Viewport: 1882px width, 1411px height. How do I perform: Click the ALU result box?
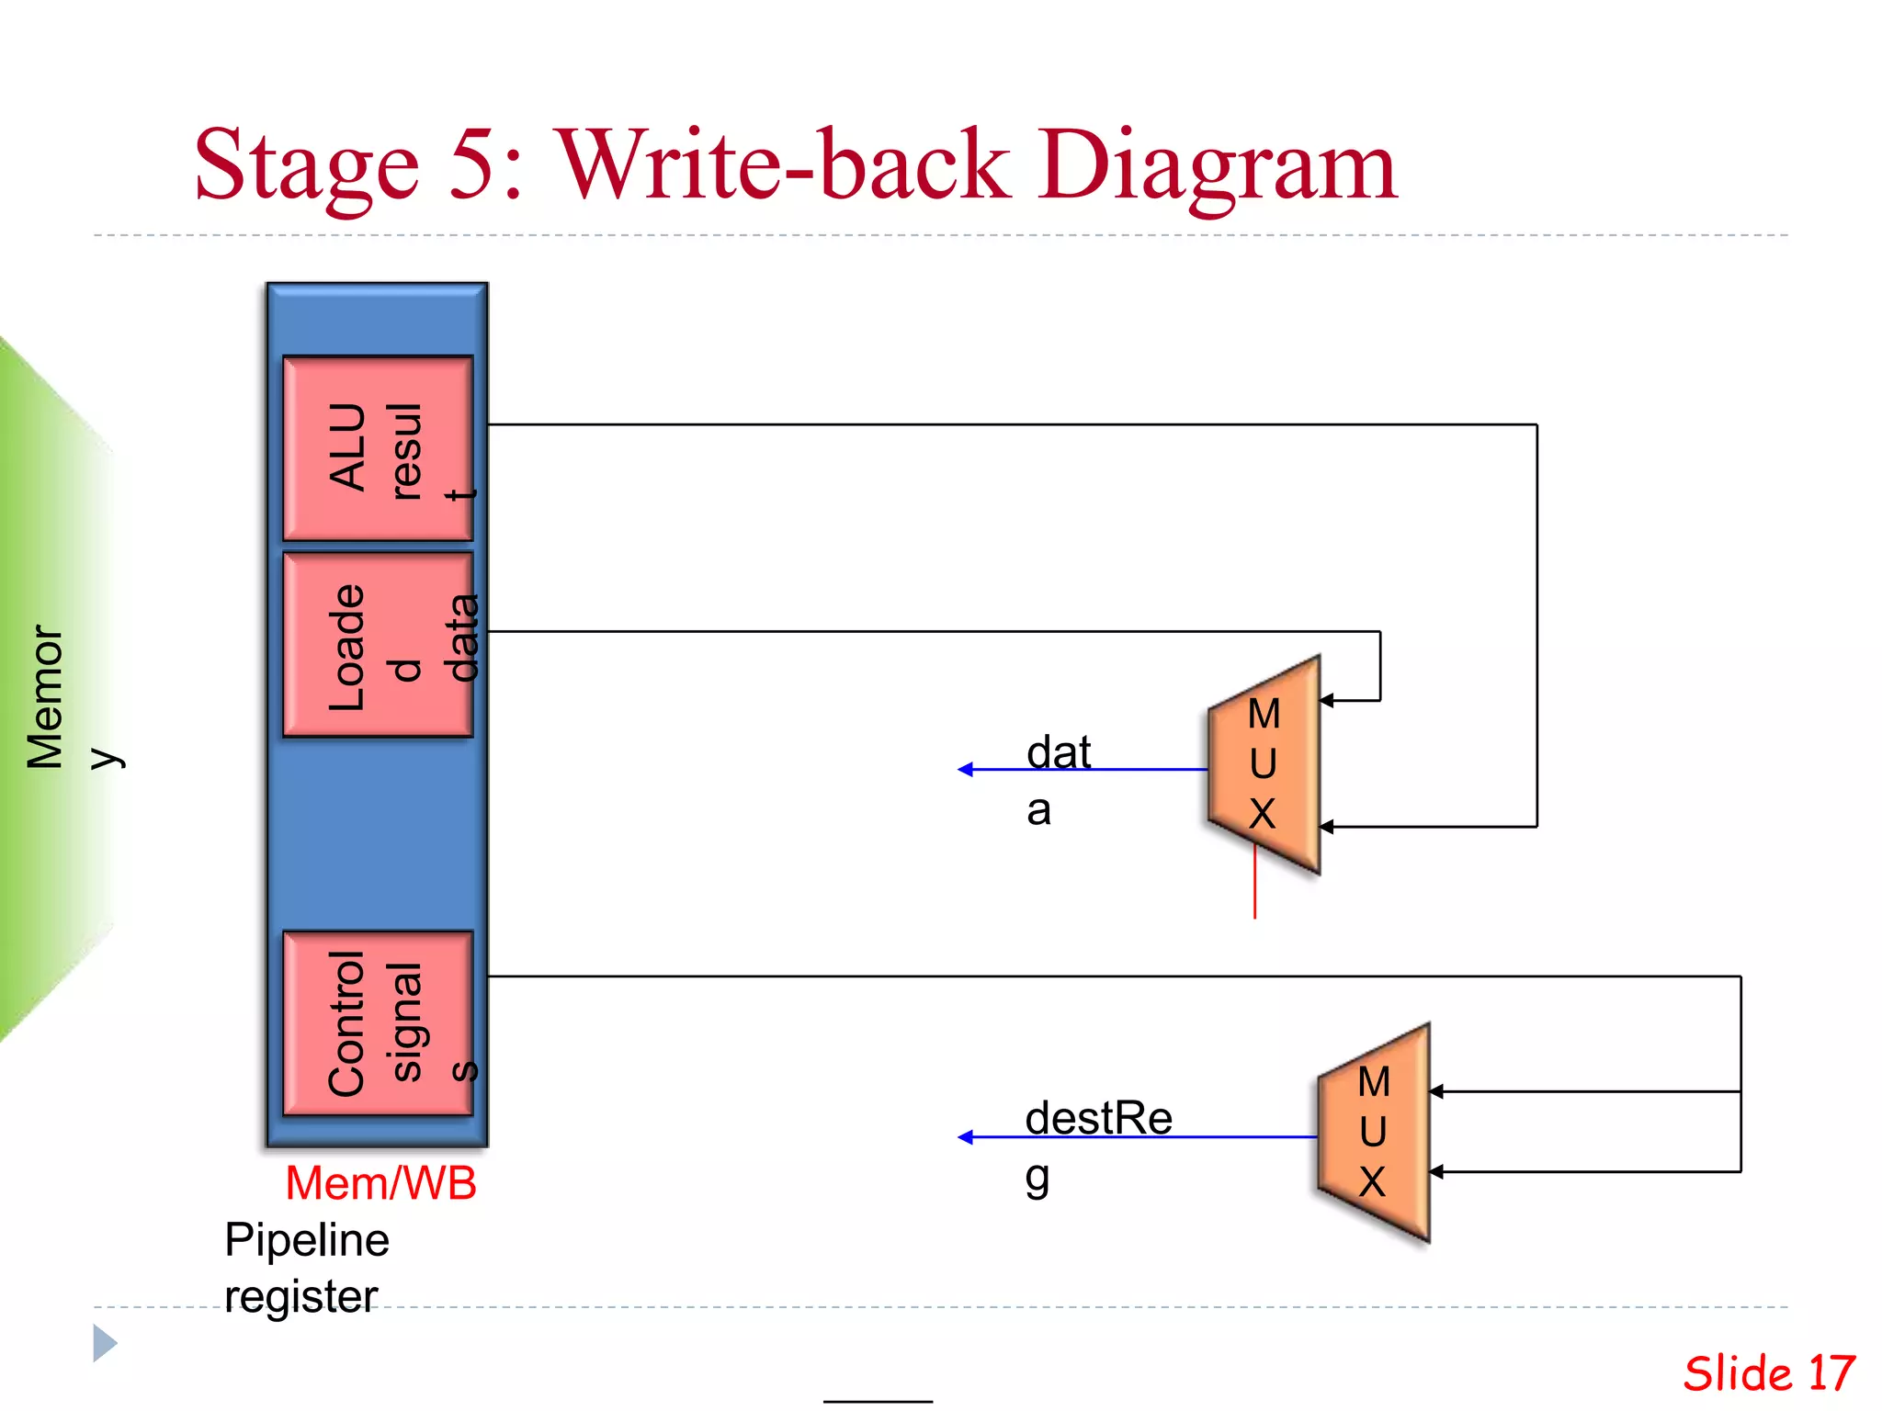[x=378, y=448]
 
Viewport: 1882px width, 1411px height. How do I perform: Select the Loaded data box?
[x=378, y=645]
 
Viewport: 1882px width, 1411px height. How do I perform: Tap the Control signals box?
[x=378, y=1023]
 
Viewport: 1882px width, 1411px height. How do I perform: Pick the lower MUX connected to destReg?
[x=1375, y=1133]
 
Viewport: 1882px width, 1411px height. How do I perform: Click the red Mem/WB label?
[x=380, y=1183]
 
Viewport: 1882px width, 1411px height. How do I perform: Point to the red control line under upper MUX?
[x=1255, y=886]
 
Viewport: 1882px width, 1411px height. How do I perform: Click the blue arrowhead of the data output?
[x=965, y=770]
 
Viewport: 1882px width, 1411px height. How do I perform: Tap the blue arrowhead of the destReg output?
[x=965, y=1137]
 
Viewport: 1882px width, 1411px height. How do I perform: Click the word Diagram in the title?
[x=1217, y=165]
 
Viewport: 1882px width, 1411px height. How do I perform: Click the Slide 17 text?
[x=1768, y=1373]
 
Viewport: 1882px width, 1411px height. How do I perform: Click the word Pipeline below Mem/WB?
[x=307, y=1240]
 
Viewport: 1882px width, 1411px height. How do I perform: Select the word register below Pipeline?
[x=300, y=1297]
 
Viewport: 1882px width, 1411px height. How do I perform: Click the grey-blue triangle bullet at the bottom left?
[x=104, y=1343]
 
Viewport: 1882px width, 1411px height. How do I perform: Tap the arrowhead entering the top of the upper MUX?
[x=1326, y=701]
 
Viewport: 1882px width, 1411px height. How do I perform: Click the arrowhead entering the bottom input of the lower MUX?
[x=1436, y=1172]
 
